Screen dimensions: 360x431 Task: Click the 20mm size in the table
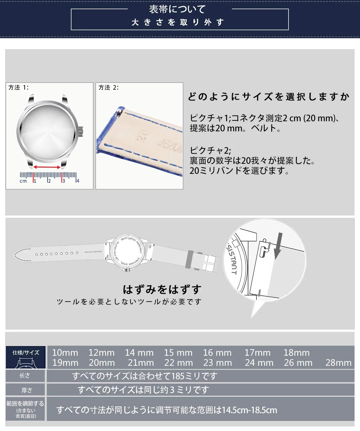tap(102, 363)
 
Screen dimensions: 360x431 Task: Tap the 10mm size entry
tap(65, 353)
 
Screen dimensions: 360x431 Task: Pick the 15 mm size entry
tap(178, 353)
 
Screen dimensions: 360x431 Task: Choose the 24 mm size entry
tap(259, 363)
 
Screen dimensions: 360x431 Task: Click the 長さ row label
tap(25, 376)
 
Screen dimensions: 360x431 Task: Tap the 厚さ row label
tap(27, 390)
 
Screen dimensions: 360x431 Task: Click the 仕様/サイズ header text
tap(26, 353)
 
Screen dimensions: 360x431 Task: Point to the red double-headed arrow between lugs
tap(47, 167)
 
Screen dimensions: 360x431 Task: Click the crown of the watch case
tap(81, 132)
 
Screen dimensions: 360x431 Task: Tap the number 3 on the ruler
tap(63, 181)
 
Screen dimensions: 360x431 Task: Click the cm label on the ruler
tap(23, 181)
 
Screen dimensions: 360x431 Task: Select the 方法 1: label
tap(18, 88)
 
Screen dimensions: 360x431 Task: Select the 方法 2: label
tap(109, 88)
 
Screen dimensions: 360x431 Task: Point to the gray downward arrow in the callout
tap(278, 246)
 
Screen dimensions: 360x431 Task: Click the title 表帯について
tap(177, 9)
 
